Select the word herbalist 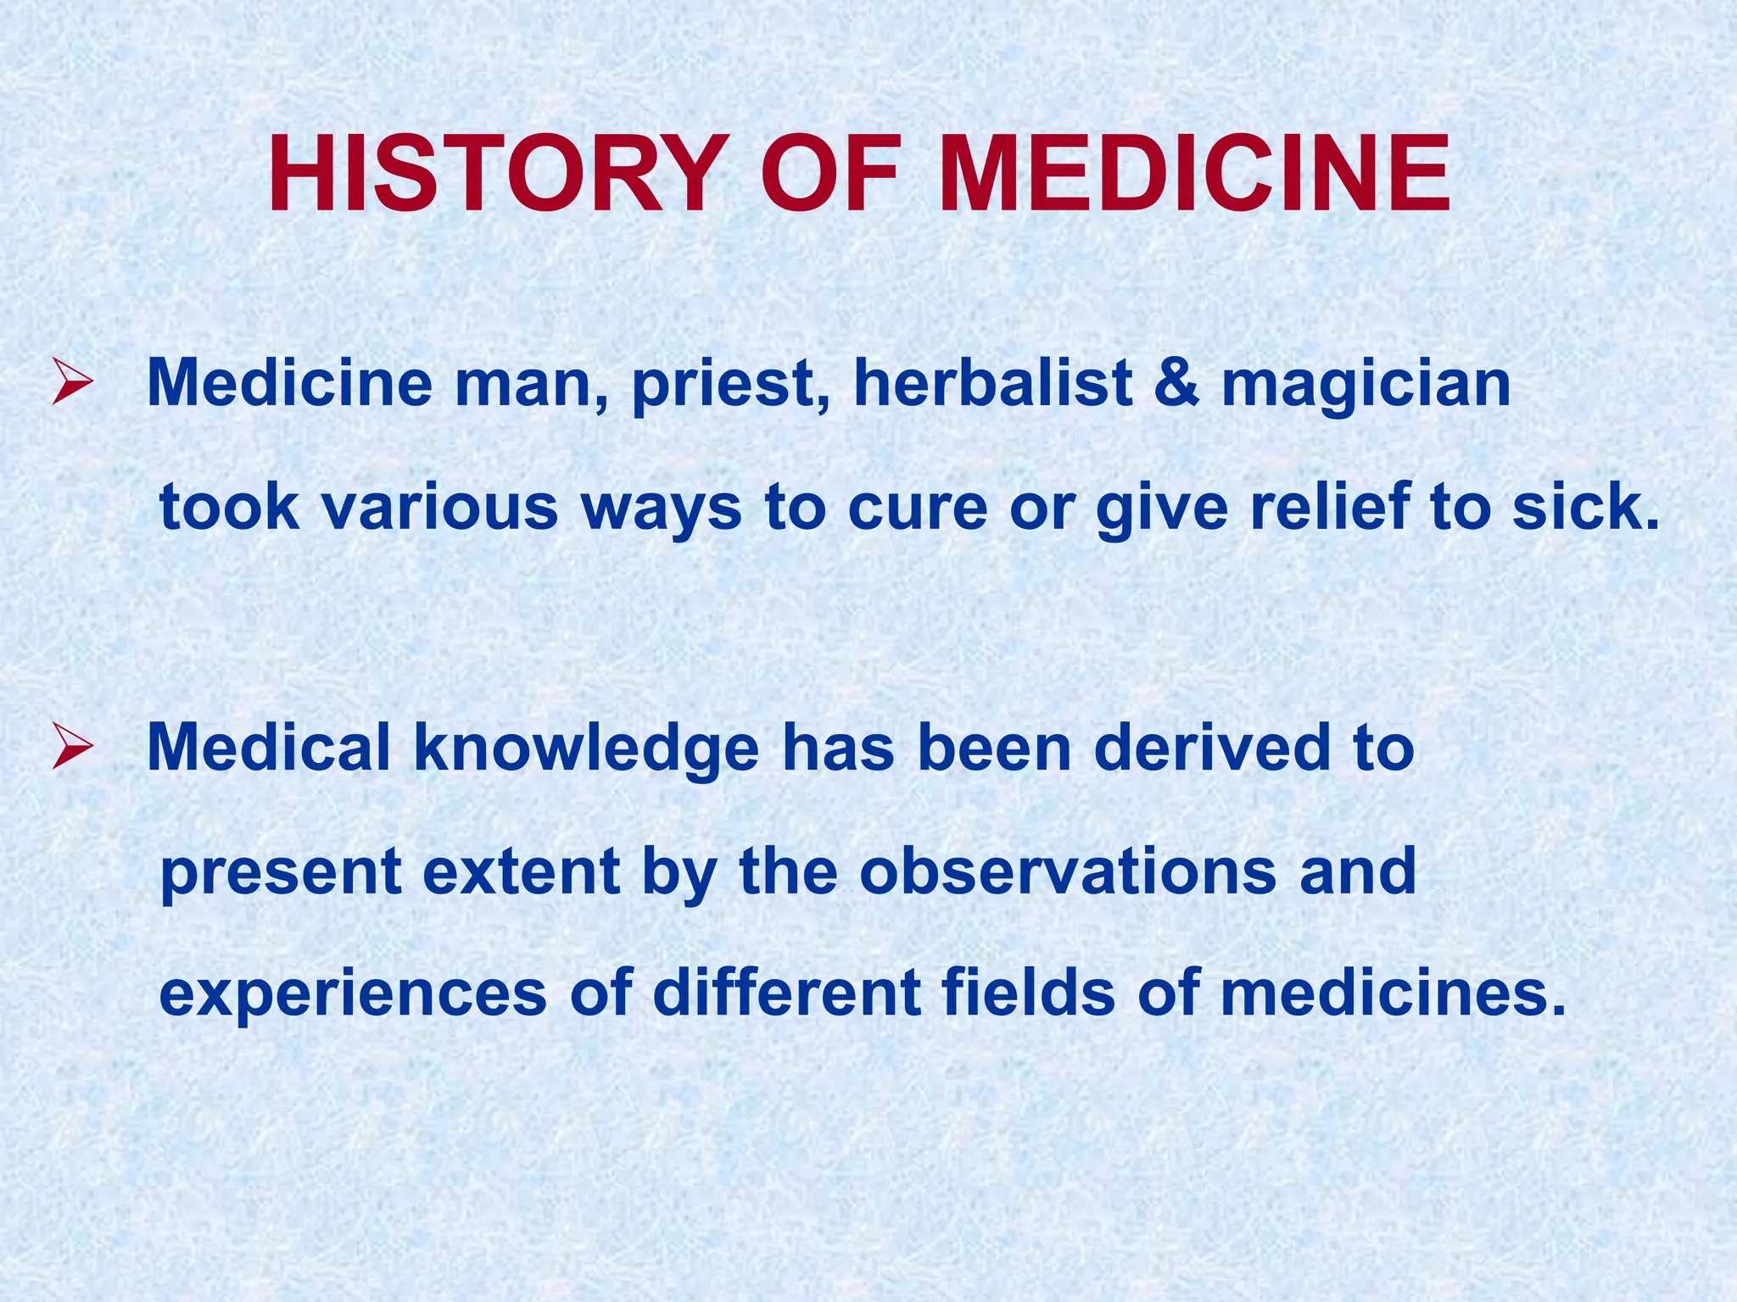pyautogui.click(x=992, y=382)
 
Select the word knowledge pyautogui.click(x=586, y=749)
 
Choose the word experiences pyautogui.click(x=353, y=993)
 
